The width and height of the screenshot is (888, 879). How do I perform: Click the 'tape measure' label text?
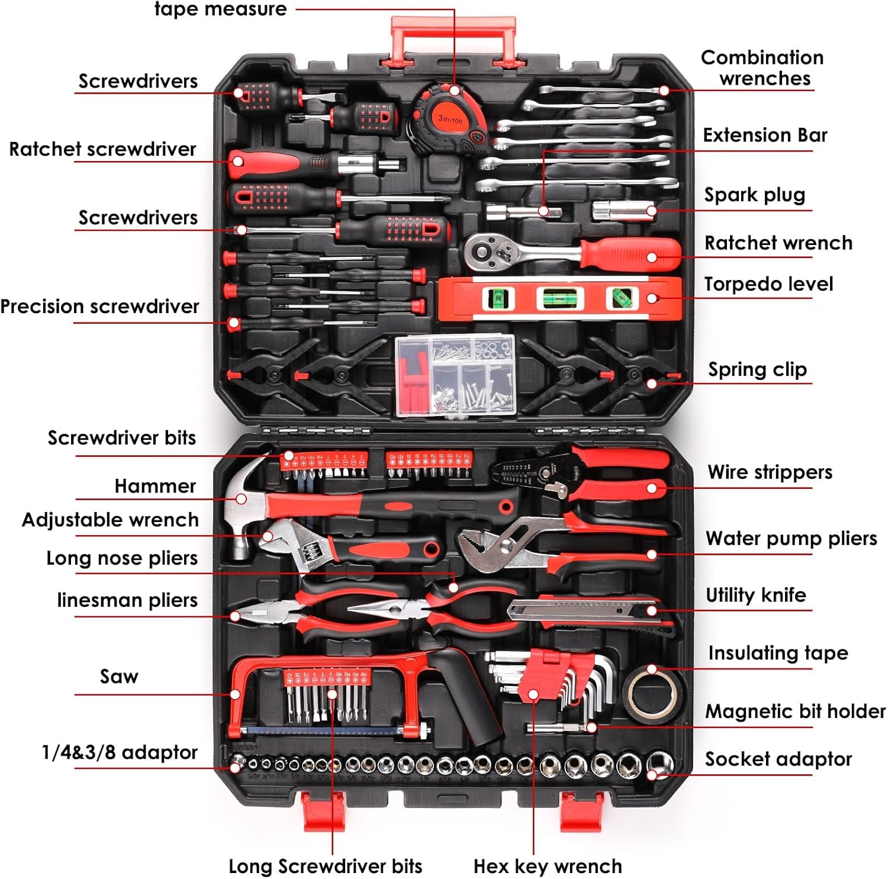220,9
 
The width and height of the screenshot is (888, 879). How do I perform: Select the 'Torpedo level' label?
768,284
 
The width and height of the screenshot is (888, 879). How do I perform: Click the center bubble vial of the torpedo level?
555,298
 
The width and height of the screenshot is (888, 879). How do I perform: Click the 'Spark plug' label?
754,195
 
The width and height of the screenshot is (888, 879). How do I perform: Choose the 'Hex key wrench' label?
548,866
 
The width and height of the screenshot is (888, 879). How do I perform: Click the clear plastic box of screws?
455,375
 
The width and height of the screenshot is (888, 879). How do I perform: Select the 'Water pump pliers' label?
791,538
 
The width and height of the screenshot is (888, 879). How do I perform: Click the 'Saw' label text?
119,676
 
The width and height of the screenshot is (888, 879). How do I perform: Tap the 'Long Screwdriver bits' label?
325,866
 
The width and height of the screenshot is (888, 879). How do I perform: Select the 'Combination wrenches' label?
762,67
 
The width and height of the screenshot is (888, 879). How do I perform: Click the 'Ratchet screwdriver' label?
102,149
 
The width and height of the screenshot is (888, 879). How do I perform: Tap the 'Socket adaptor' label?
778,759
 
